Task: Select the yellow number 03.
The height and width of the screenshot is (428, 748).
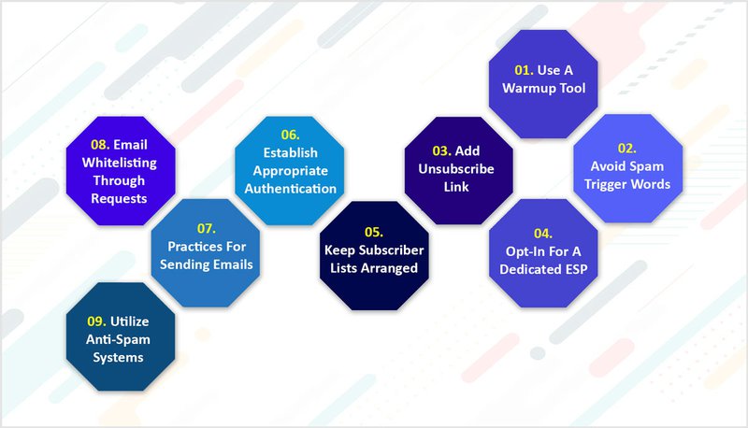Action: tap(441, 150)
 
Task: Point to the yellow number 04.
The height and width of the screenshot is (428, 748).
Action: tap(542, 233)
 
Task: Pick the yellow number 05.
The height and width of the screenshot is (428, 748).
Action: tap(372, 234)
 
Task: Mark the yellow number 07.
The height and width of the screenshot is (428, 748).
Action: tap(205, 229)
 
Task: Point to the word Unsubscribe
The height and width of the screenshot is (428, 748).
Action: tap(458, 168)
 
